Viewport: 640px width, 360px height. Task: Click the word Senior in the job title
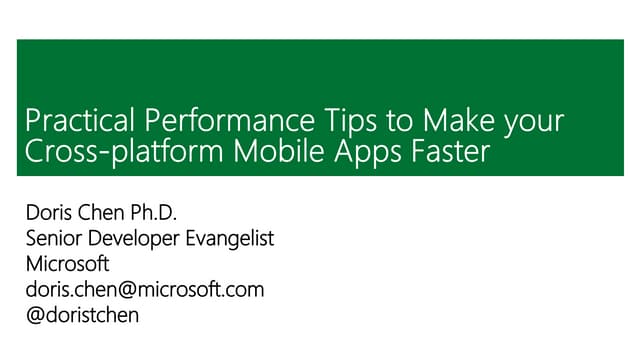[57, 240]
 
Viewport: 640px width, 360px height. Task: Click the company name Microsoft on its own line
[68, 265]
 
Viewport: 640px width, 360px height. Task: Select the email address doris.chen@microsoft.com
[144, 290]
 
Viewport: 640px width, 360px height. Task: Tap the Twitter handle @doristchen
[83, 316]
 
